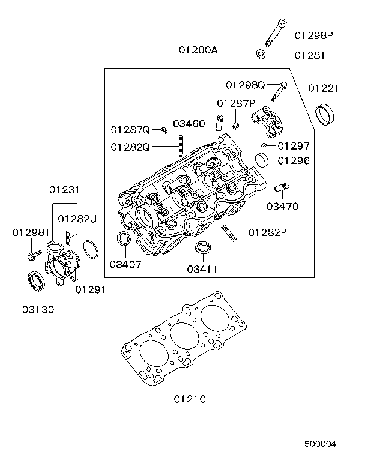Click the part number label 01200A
coord(198,51)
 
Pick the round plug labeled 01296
coord(262,160)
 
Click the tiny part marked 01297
coord(263,145)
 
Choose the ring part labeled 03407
coord(123,238)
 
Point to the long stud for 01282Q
coord(180,145)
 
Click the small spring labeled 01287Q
coord(163,129)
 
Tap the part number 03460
coord(189,124)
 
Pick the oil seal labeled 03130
coord(37,281)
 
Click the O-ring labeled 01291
coord(90,251)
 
